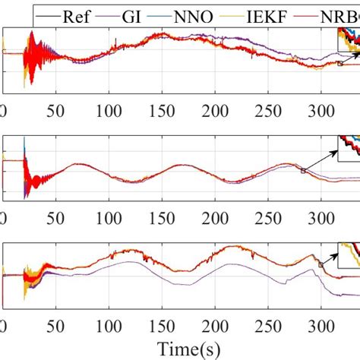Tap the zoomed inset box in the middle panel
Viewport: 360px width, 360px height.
(350, 148)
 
